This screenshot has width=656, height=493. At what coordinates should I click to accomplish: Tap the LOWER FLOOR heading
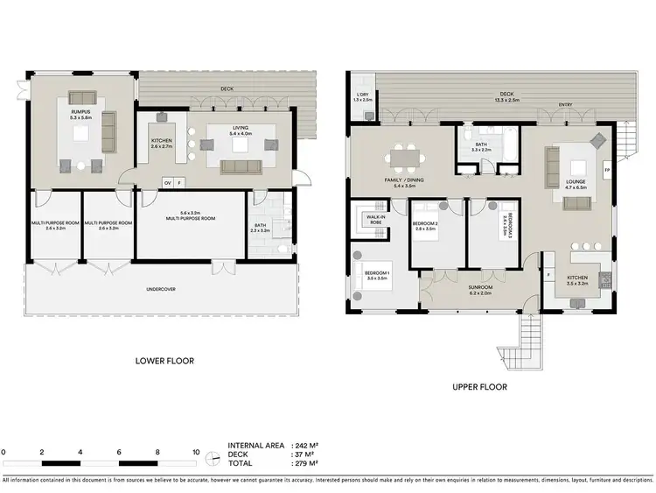[x=164, y=360]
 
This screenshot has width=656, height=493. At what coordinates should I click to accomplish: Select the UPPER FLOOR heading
[x=479, y=386]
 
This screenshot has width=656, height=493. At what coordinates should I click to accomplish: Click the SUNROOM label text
[x=480, y=287]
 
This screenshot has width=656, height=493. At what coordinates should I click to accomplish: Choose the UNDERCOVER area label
[x=163, y=288]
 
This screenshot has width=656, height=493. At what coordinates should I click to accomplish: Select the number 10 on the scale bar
[x=196, y=452]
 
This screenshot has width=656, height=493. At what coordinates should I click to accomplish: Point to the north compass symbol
[x=212, y=458]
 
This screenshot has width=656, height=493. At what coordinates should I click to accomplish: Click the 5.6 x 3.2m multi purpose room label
[x=190, y=215]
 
